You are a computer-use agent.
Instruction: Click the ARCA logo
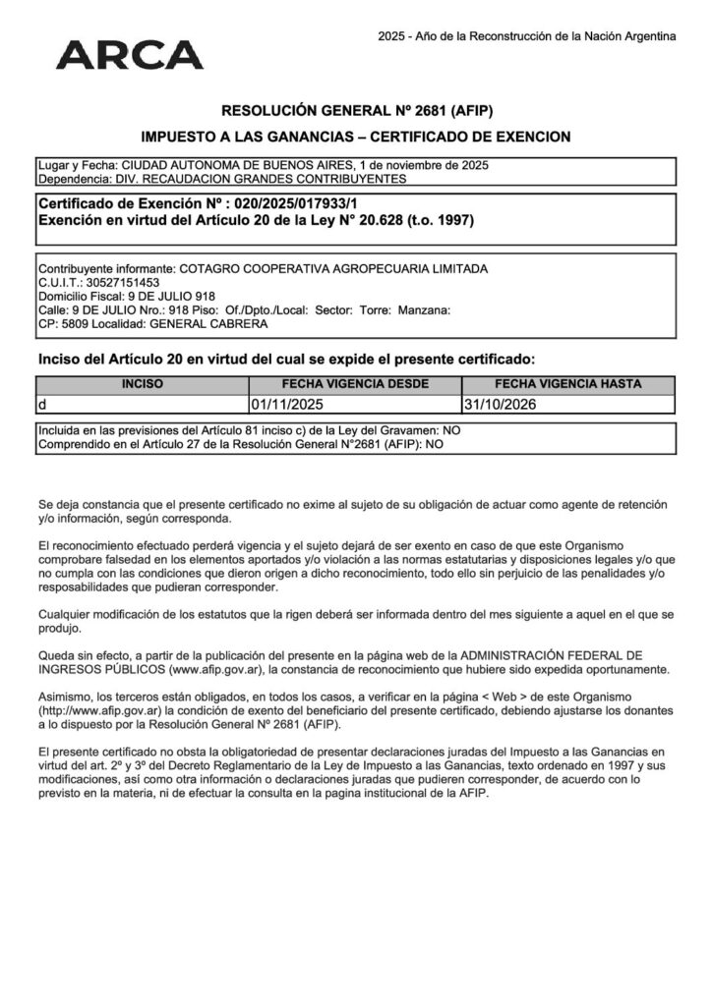tap(130, 54)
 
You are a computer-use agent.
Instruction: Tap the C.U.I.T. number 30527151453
tap(113, 283)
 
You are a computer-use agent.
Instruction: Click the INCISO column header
tap(143, 385)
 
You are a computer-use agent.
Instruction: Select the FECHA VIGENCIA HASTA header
tap(567, 385)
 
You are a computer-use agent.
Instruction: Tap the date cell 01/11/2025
tap(287, 404)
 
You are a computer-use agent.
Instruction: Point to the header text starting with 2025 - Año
tap(527, 36)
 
